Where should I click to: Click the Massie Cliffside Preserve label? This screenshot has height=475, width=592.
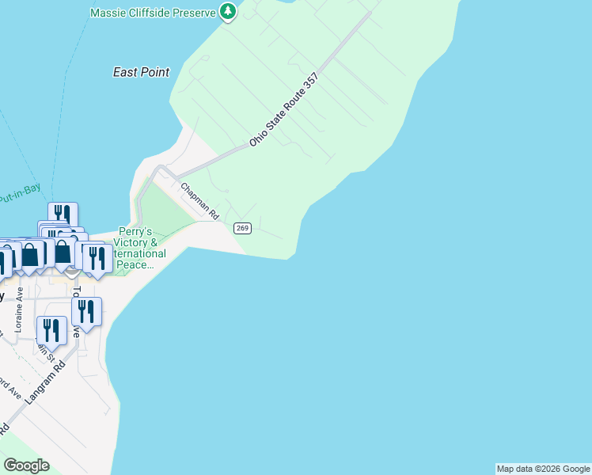coord(153,13)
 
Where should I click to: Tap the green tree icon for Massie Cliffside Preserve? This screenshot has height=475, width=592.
coord(228,11)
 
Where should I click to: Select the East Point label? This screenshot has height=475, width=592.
coord(141,72)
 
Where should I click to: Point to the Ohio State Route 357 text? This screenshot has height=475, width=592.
coord(283,109)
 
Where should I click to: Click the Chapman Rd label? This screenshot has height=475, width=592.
coord(199,201)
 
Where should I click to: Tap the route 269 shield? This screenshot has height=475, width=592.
coord(242,228)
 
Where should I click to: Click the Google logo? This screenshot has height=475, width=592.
coord(26,465)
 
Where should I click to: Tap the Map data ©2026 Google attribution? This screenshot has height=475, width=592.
coord(543,469)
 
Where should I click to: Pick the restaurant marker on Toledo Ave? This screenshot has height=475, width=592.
coord(86,311)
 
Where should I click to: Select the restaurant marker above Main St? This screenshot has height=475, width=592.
coord(51,330)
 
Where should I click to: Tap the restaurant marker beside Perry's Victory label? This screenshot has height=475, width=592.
coord(97,258)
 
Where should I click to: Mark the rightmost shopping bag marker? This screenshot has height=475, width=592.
coord(63,251)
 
